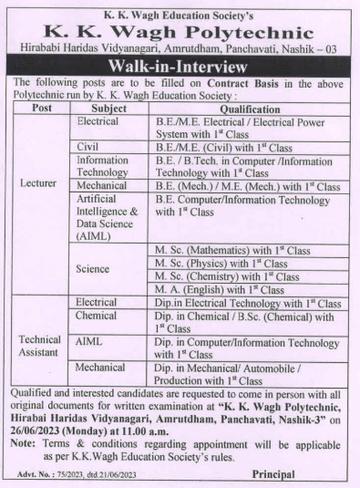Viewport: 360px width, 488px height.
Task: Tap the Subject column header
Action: [108, 107]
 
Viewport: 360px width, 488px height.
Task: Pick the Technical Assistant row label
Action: [40, 345]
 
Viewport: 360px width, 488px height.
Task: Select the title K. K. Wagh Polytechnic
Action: [180, 28]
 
